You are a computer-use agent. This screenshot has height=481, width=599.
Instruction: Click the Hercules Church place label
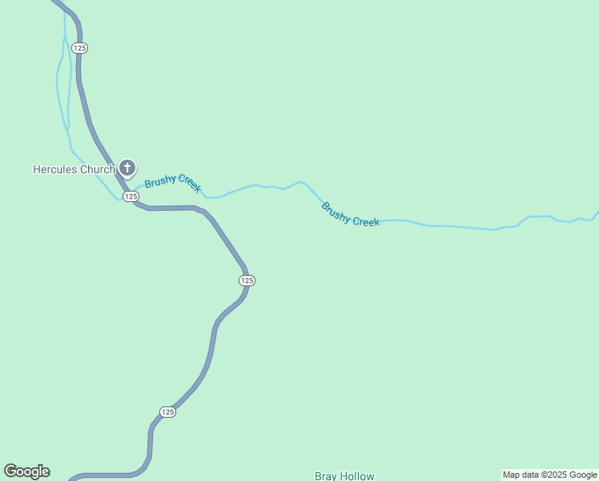tap(74, 169)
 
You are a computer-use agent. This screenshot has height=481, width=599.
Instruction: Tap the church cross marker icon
tap(127, 168)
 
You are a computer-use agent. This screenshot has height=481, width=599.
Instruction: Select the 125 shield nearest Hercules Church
tap(131, 196)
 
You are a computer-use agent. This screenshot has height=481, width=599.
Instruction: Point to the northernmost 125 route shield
tap(79, 48)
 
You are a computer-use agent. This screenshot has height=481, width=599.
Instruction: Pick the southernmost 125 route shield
tap(167, 412)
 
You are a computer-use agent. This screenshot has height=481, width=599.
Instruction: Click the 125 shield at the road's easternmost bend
tap(247, 280)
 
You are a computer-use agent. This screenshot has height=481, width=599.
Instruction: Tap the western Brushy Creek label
tap(172, 183)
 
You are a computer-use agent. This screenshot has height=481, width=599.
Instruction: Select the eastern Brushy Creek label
tap(350, 214)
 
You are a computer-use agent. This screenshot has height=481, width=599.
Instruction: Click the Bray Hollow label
tap(344, 475)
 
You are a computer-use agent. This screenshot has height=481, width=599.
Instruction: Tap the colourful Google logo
tap(26, 471)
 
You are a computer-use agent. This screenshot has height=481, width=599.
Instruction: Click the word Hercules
tap(54, 169)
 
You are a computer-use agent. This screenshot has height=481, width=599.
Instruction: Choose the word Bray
tap(326, 475)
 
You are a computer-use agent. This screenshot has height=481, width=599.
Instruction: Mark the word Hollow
tap(356, 475)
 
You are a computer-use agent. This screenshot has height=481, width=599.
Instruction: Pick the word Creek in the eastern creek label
tap(364, 220)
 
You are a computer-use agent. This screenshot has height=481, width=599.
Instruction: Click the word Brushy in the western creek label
tap(159, 180)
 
